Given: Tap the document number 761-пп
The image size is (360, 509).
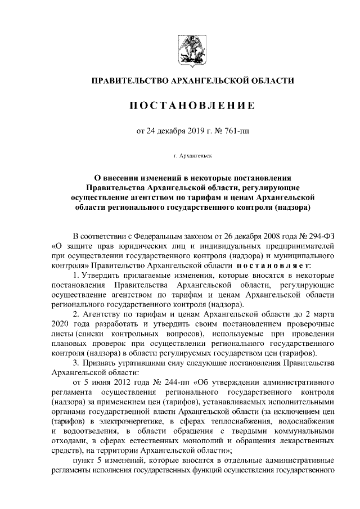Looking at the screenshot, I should tap(235, 132).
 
